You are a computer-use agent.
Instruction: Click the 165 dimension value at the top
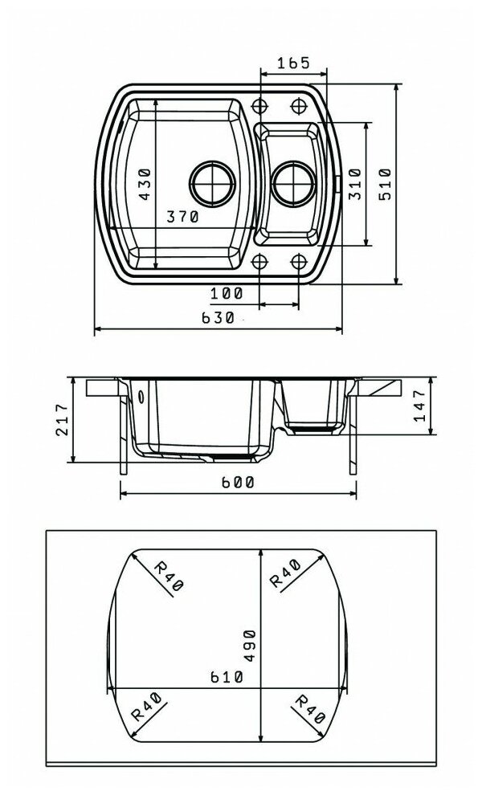pyautogui.click(x=293, y=63)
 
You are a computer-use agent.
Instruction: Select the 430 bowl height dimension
pyautogui.click(x=145, y=184)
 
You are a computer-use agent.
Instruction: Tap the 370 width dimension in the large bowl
pyautogui.click(x=182, y=217)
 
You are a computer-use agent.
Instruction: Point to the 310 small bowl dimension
pyautogui.click(x=356, y=184)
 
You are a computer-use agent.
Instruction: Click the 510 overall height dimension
pyautogui.click(x=385, y=184)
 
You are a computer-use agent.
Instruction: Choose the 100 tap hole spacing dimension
pyautogui.click(x=227, y=293)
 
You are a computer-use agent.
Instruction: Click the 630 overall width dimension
pyautogui.click(x=219, y=318)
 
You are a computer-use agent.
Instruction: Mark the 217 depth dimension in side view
pyautogui.click(x=61, y=419)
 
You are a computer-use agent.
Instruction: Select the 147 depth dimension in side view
pyautogui.click(x=419, y=406)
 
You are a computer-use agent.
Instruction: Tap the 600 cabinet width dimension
pyautogui.click(x=238, y=482)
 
